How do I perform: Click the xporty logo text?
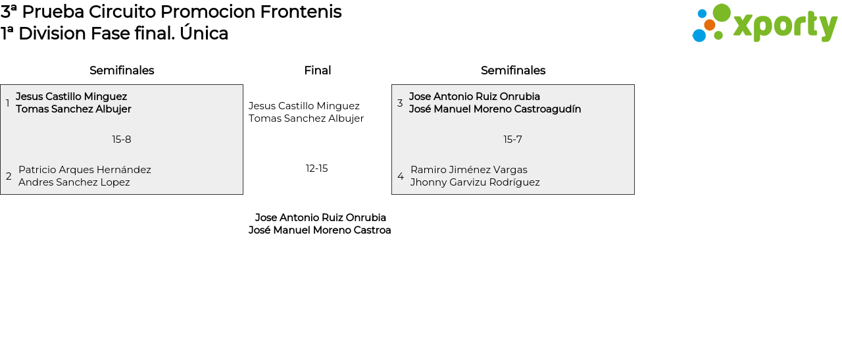(785, 25)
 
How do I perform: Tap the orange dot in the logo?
(709, 25)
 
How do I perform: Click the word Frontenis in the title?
(301, 12)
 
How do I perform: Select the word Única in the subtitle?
(204, 33)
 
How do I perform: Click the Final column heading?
(318, 70)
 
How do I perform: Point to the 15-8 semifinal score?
(122, 140)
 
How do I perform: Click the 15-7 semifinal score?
(512, 140)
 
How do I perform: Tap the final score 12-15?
(317, 168)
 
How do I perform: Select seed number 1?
(7, 103)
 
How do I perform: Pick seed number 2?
(9, 176)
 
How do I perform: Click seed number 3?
(400, 103)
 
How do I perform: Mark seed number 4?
(401, 176)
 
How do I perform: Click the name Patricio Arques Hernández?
(85, 170)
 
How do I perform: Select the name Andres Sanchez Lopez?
(74, 182)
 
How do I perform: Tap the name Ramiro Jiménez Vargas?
(469, 170)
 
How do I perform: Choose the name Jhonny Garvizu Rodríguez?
(475, 182)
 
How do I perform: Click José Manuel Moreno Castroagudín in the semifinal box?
(495, 109)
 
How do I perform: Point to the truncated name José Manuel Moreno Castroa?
(320, 230)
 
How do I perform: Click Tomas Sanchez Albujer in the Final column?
(306, 118)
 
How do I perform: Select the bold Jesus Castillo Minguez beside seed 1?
(72, 97)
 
